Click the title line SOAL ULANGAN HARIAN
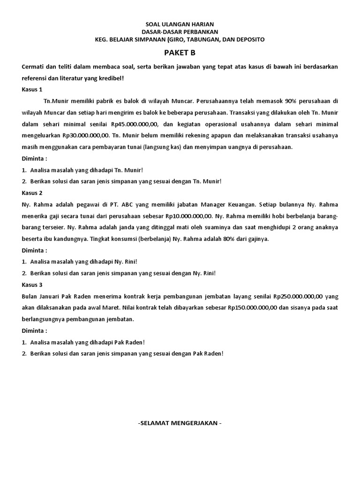tap(180, 23)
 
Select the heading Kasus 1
tap(32, 89)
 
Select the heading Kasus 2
tap(32, 193)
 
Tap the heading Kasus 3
tap(32, 285)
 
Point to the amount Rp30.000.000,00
tap(82, 135)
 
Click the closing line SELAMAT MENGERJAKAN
tap(180, 423)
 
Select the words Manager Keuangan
tap(223, 204)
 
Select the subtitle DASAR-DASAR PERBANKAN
tap(180, 31)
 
